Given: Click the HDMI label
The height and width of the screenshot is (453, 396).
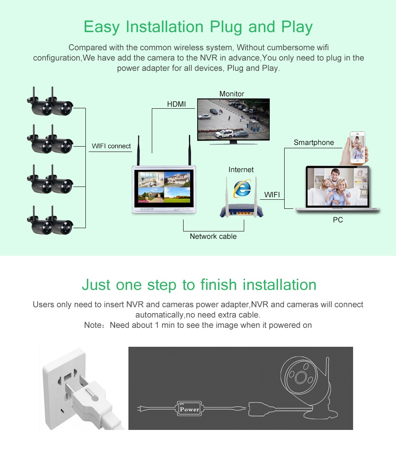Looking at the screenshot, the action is coord(176,104).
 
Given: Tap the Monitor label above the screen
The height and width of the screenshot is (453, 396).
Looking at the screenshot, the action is coord(231,94).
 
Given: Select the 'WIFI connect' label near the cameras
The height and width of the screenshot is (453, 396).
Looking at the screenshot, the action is coord(111,146).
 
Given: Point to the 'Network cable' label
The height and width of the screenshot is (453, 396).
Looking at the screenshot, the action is coord(213,236).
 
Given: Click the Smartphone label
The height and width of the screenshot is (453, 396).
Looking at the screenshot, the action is coord(314,142).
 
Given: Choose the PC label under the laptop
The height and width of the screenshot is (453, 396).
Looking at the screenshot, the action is coord(338,220).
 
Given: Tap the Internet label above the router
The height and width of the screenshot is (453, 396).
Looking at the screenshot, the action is coord(241,170).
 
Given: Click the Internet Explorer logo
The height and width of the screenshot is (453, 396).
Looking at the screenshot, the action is coord(242,189).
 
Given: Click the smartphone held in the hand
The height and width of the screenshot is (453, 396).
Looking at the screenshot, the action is coord(358,147).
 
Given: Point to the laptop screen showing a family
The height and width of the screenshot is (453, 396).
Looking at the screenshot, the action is coord(337,187).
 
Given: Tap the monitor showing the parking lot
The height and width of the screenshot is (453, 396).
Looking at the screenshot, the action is coord(233,119).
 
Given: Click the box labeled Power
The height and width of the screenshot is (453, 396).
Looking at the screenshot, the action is coord(189,409).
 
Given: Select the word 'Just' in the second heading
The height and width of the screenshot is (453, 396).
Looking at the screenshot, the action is coord(96,285).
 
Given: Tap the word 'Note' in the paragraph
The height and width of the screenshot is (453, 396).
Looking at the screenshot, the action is coord(93,325).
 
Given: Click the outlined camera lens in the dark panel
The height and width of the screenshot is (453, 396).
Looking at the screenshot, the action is coord(301,377).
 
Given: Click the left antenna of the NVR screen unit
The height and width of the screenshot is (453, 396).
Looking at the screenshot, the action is coord(138,150).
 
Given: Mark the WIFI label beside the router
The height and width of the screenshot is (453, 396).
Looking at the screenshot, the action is coord(272,195).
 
